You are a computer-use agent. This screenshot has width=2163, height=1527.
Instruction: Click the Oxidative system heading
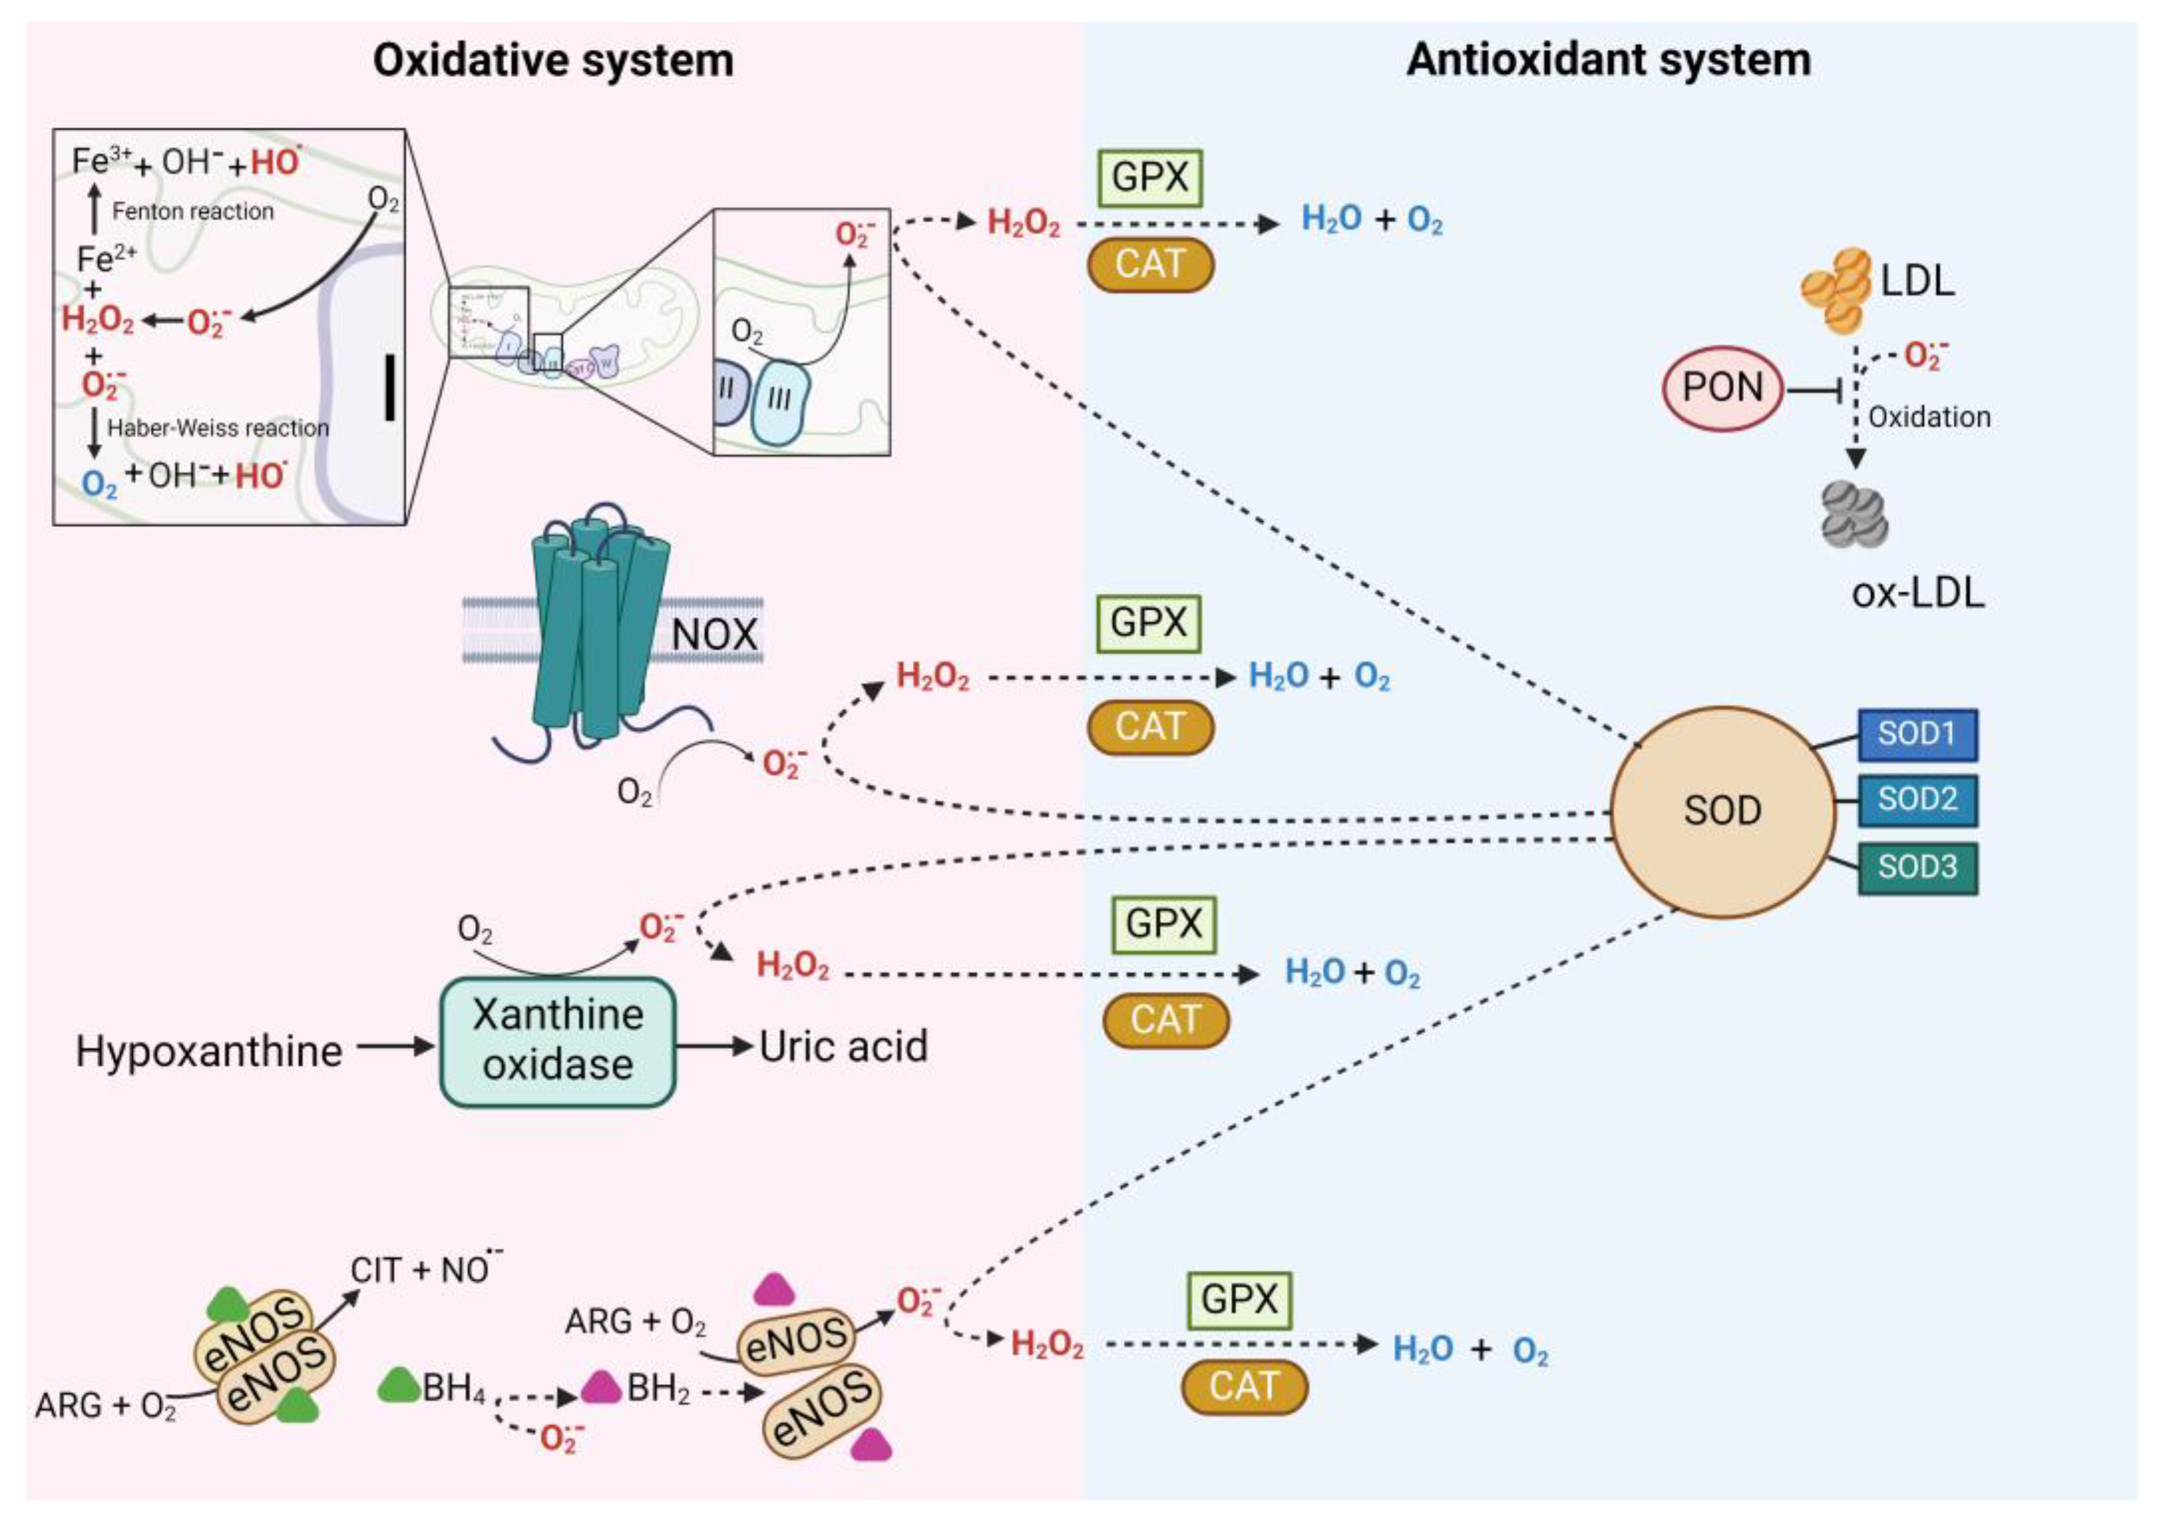pyautogui.click(x=553, y=60)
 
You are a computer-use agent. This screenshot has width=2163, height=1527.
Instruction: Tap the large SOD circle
pyautogui.click(x=1722, y=811)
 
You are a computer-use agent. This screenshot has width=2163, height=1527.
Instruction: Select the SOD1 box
pyautogui.click(x=1916, y=734)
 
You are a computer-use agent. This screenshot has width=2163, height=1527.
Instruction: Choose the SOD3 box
pyautogui.click(x=1916, y=867)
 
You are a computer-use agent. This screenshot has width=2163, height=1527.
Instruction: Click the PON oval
pyautogui.click(x=1722, y=387)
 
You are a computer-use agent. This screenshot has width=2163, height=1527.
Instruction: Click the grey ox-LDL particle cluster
pyautogui.click(x=1854, y=515)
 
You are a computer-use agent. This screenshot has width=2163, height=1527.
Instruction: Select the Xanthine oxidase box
pyautogui.click(x=558, y=1041)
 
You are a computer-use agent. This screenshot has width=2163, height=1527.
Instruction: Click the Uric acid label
pyautogui.click(x=843, y=1046)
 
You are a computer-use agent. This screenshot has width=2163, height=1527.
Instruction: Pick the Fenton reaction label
pyautogui.click(x=193, y=211)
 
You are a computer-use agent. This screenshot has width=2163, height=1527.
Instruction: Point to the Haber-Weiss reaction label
pyautogui.click(x=217, y=428)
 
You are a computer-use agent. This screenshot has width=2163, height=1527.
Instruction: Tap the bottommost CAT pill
pyautogui.click(x=1243, y=1386)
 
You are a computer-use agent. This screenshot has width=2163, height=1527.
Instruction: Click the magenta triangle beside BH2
pyautogui.click(x=600, y=1386)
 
